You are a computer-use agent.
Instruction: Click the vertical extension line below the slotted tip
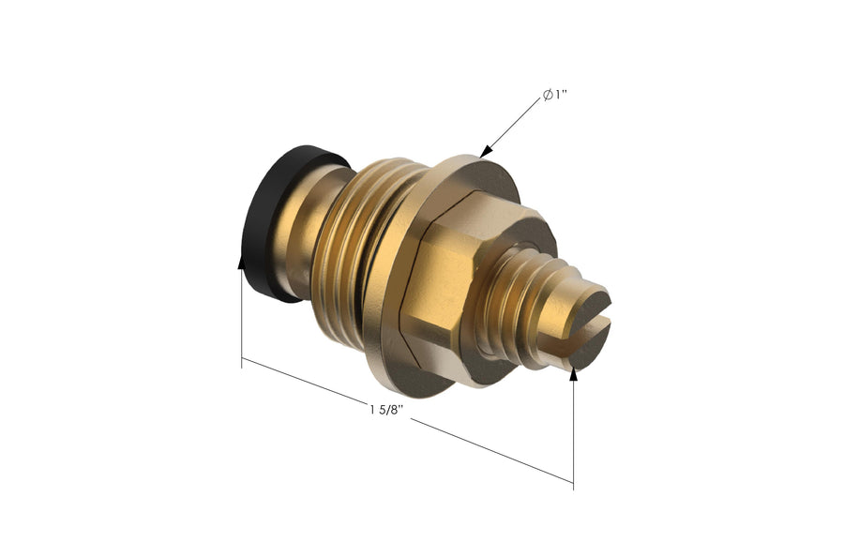pos(573,431)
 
